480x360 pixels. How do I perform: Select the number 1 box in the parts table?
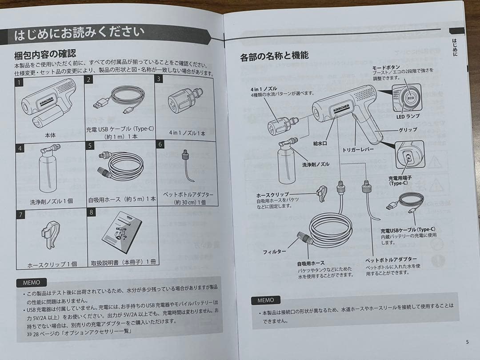[x=19, y=82]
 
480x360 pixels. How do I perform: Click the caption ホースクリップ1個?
[x=52, y=264]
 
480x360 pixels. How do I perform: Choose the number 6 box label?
[x=160, y=144]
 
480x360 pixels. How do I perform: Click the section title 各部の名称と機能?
[x=274, y=56]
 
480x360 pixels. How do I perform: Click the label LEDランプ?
[x=406, y=117]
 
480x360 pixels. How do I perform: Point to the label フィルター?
[x=274, y=252]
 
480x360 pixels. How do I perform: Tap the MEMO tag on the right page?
[x=265, y=300]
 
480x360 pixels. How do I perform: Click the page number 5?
[x=467, y=342]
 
